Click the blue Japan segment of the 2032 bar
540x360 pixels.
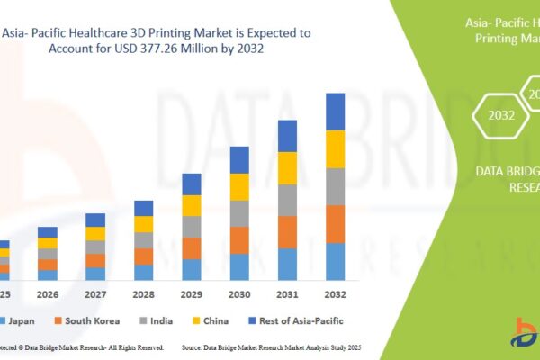tap(335, 261)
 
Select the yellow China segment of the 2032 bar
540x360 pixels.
tap(335, 149)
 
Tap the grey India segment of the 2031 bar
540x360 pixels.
tap(287, 200)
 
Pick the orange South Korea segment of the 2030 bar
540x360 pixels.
tap(239, 239)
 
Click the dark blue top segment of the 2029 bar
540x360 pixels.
tap(192, 184)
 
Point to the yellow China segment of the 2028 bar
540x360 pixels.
tap(144, 224)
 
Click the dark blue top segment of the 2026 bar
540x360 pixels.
tap(48, 232)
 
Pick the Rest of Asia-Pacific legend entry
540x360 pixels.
tap(301, 320)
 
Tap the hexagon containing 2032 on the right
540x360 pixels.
tap(502, 115)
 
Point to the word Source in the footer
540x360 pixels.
tap(197, 347)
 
